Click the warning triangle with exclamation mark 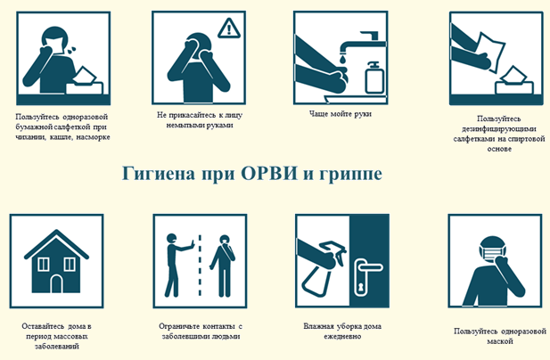point(229,29)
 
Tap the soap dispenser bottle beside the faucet point(374,78)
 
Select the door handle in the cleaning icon point(368,267)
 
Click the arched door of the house point(56,284)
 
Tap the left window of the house point(43,264)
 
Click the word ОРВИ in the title point(269,173)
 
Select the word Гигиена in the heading point(158,173)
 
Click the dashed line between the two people point(200,266)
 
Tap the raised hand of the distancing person point(191,245)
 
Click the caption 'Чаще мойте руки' point(341,113)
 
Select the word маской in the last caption point(500,341)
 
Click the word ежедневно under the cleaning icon point(342,337)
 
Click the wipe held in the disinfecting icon point(490,50)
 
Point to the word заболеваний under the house point(57,347)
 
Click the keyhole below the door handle point(359,288)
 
